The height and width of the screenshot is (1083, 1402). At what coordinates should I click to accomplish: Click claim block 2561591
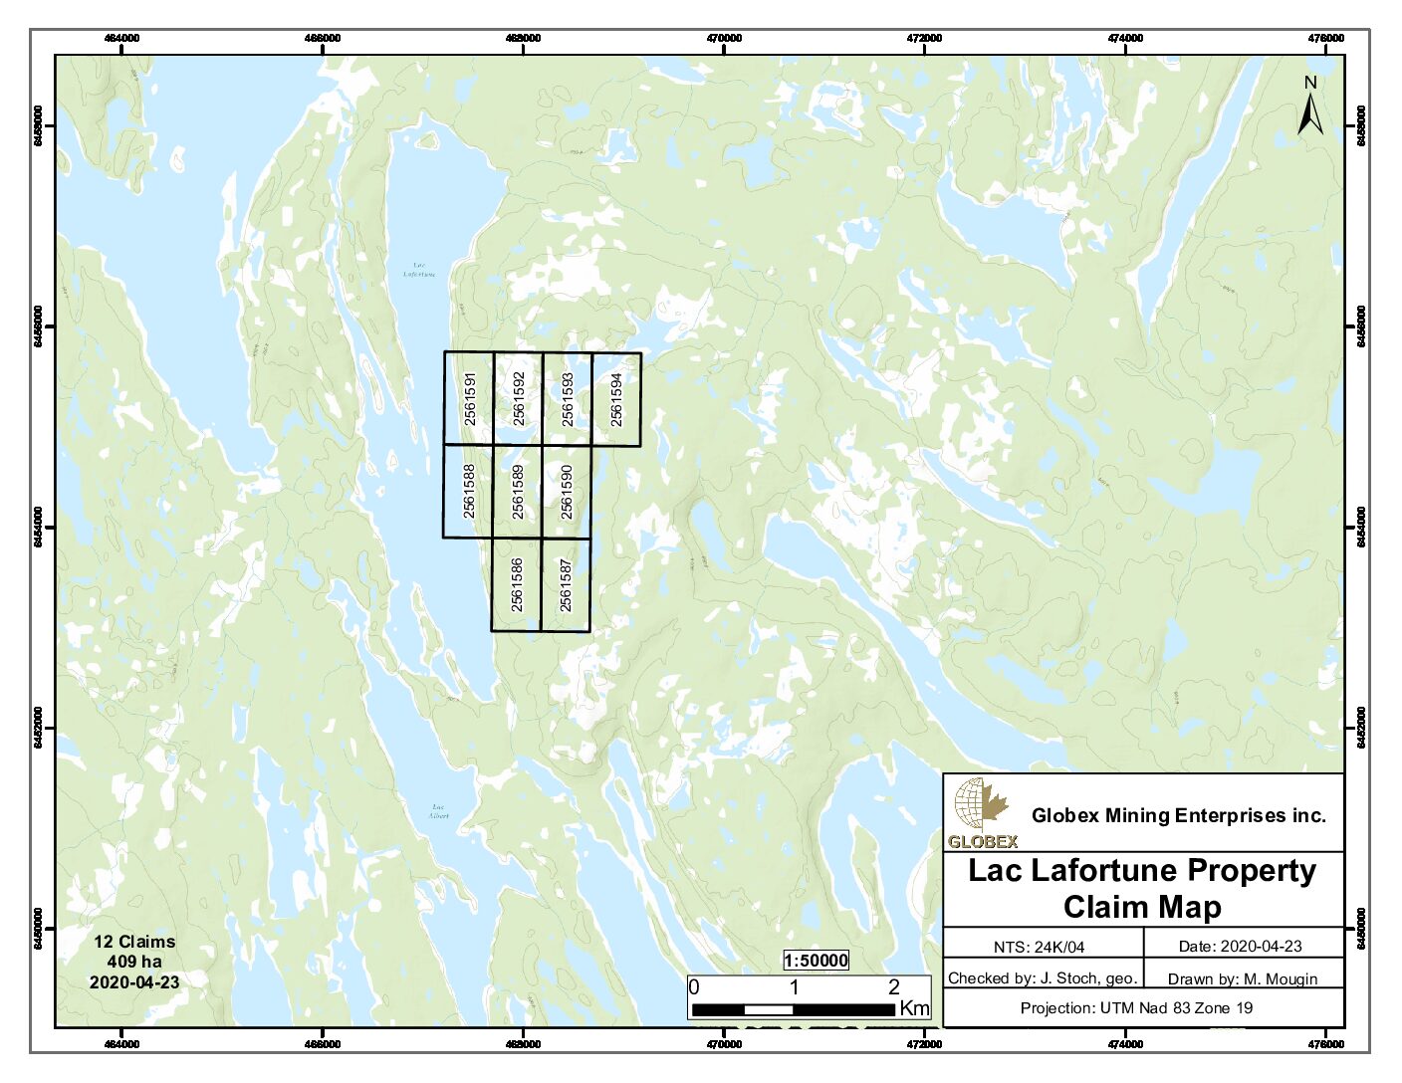[x=469, y=398]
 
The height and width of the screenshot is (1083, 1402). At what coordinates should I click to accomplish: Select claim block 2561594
[x=616, y=399]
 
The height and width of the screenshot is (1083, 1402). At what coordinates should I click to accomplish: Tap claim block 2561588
[x=468, y=491]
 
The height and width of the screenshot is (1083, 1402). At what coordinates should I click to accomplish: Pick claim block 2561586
[x=516, y=584]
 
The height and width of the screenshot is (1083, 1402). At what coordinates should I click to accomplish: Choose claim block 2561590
[x=566, y=492]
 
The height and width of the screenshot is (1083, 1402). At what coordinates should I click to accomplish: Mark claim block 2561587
[x=566, y=584]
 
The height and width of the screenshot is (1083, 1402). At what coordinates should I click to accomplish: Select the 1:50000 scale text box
[x=816, y=961]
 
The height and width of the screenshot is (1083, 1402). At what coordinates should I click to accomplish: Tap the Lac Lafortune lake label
[x=419, y=270]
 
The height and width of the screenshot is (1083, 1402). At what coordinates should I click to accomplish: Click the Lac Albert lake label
[x=438, y=811]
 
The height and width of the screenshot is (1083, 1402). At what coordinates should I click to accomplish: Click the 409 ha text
[x=134, y=962]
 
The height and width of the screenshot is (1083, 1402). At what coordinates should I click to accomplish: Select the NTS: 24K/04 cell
[x=1042, y=947]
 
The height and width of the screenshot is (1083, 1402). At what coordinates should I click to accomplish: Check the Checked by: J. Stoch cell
[x=1042, y=977]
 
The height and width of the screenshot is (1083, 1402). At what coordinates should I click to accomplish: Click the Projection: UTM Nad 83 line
[x=1136, y=1008]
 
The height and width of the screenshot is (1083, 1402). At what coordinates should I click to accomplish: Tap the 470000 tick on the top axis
[x=724, y=39]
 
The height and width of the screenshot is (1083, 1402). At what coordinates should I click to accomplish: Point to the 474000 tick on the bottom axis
[x=1125, y=1044]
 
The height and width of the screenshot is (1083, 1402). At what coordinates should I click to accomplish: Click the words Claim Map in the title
[x=1141, y=908]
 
